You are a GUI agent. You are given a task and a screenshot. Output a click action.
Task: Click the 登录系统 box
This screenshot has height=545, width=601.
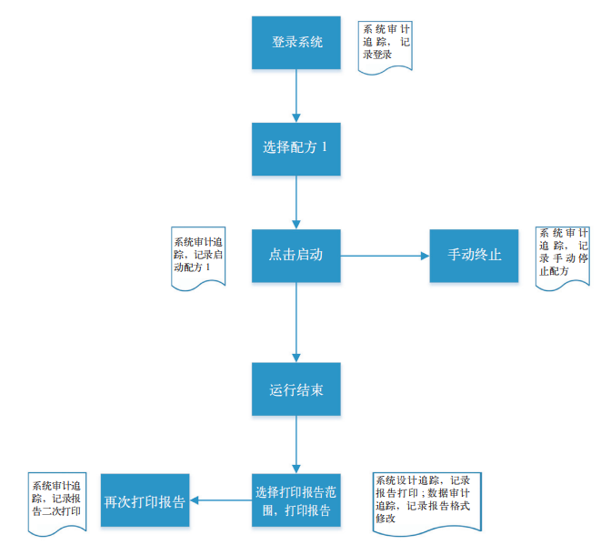pyautogui.click(x=296, y=42)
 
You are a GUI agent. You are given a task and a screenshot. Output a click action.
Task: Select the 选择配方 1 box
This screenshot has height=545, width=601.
pyautogui.click(x=296, y=148)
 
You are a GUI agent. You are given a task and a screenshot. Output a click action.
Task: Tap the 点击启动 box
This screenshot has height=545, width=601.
pyautogui.click(x=296, y=255)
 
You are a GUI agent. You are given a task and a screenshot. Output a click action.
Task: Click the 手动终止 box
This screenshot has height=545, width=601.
pyautogui.click(x=474, y=255)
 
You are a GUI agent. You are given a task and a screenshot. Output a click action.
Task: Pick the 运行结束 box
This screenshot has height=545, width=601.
pyautogui.click(x=296, y=389)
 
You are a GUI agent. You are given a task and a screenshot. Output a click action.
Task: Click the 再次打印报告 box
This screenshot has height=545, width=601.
pyautogui.click(x=145, y=500)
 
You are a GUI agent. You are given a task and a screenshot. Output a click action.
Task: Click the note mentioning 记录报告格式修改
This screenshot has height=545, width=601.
pyautogui.click(x=426, y=500)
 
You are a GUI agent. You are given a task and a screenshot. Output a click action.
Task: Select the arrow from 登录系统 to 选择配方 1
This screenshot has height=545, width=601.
pyautogui.click(x=296, y=95)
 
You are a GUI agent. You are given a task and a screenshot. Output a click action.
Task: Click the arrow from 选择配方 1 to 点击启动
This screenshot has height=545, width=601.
pyautogui.click(x=296, y=201)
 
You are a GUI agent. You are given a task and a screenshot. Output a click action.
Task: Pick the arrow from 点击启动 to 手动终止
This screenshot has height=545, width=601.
pyautogui.click(x=385, y=256)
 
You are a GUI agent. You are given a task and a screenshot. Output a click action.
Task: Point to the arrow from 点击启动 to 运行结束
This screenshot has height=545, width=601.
pyautogui.click(x=296, y=322)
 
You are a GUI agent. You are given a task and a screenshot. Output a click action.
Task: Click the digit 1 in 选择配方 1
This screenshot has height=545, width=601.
pyautogui.click(x=324, y=147)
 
